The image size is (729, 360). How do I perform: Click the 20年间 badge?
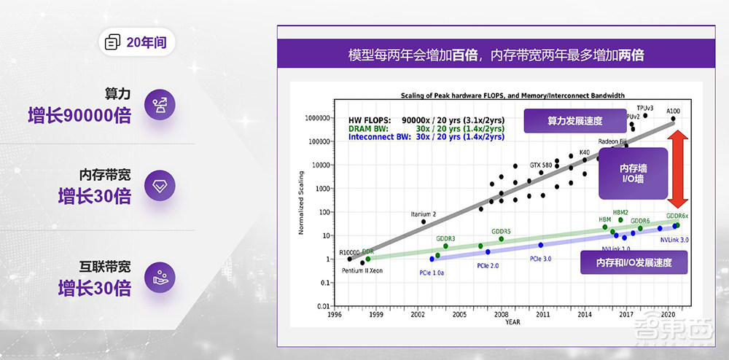coord(136,42)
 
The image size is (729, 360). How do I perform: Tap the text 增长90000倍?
coord(79,115)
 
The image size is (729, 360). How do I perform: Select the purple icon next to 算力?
coord(160,105)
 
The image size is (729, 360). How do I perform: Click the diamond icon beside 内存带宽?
coord(160,186)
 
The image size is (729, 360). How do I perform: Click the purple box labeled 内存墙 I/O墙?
coord(633,173)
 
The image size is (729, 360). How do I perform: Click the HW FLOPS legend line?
coord(426,119)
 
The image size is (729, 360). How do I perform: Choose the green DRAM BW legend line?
coord(426,128)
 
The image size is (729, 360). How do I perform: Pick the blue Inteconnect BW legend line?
coord(426,136)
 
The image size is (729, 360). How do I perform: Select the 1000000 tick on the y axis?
coord(314,117)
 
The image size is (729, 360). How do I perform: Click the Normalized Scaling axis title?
coord(300,211)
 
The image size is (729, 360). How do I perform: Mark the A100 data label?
coord(672,110)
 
